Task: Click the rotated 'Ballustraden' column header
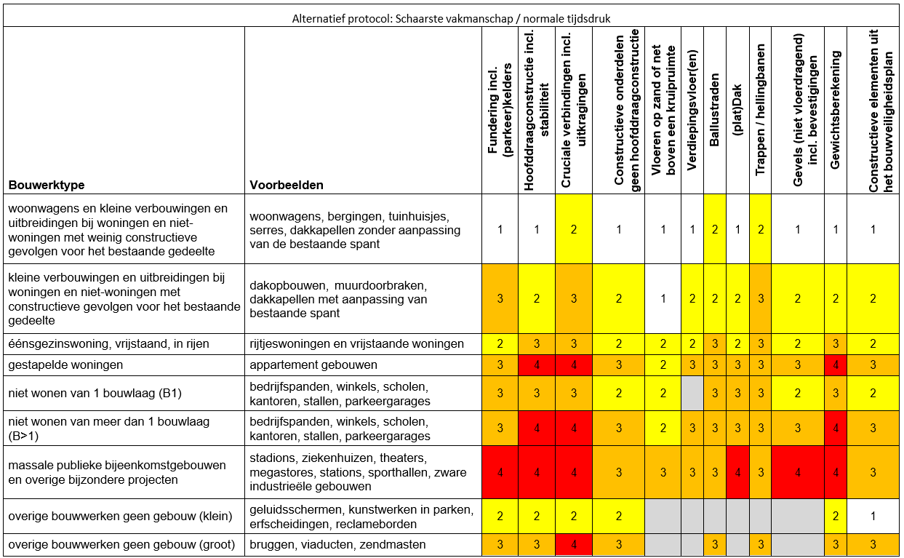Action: (715, 110)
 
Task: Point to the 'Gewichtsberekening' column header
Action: (836, 110)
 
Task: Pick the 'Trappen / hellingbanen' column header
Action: (761, 110)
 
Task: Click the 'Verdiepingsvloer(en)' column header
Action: (692, 110)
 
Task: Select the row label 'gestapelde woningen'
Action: (65, 364)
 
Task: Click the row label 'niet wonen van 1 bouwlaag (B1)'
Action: (95, 394)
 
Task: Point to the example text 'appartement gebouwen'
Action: (309, 364)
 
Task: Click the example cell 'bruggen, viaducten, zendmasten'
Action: (337, 545)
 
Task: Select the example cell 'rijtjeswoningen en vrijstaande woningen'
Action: (356, 344)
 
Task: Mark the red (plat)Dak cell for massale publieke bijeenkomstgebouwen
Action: (737, 472)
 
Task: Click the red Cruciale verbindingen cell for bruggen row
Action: (575, 545)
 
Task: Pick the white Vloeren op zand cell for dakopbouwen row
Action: (663, 298)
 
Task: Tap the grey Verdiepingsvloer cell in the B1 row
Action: (692, 394)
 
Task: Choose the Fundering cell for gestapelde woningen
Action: (500, 364)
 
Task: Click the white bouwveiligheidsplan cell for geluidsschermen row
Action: (873, 517)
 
